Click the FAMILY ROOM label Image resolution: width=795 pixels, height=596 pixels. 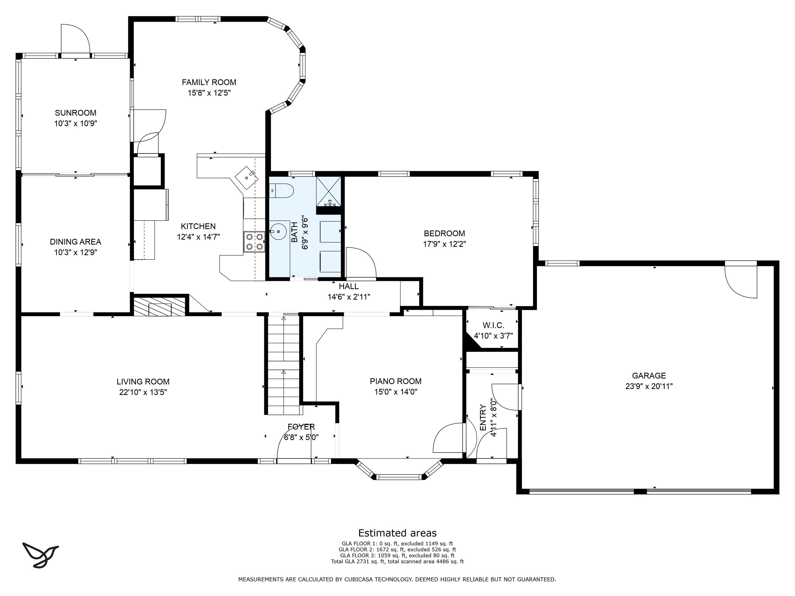[x=209, y=82]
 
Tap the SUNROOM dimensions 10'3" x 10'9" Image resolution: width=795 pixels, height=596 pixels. [x=76, y=124]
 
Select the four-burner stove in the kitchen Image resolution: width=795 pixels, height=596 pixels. [x=254, y=242]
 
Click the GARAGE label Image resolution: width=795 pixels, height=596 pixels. [x=649, y=376]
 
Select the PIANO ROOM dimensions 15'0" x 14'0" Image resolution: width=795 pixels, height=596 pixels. [x=395, y=392]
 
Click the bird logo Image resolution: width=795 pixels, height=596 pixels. [x=40, y=555]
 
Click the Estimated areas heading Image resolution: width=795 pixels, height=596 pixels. [x=397, y=533]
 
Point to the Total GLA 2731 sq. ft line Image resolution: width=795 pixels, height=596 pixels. [x=397, y=562]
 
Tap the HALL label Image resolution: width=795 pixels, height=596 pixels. [x=349, y=286]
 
